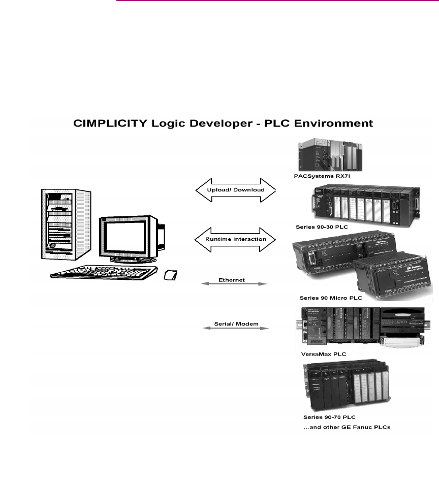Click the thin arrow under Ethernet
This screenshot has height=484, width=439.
click(x=235, y=284)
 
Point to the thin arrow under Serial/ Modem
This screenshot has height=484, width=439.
click(x=235, y=329)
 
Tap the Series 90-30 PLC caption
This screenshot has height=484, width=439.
click(x=322, y=227)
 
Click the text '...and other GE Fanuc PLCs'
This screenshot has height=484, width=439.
click(x=347, y=427)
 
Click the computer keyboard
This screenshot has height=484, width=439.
click(x=104, y=273)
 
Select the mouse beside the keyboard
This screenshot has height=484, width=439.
click(x=171, y=275)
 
